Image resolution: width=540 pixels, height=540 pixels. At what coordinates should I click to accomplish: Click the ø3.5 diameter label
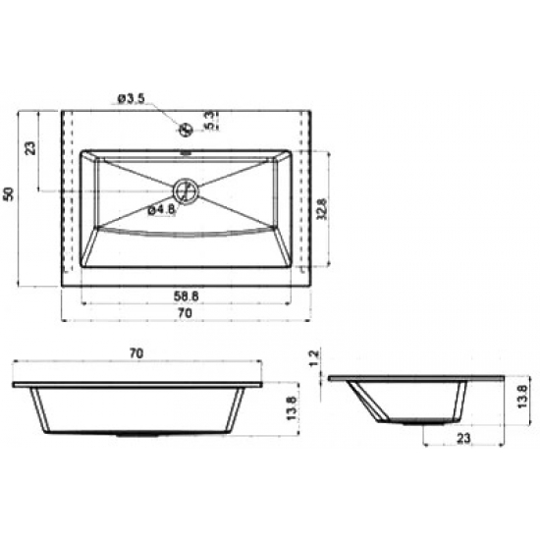coord(131,98)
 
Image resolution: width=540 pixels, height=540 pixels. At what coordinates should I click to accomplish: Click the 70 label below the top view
coord(186,313)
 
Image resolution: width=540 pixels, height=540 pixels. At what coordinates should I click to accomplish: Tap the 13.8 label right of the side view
coord(523,399)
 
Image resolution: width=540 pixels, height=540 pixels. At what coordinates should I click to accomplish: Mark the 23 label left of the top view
coord(30,149)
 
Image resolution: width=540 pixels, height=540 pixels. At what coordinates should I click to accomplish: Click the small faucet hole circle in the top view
coord(185,128)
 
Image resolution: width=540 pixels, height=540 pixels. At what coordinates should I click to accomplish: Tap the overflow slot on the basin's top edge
coord(186,154)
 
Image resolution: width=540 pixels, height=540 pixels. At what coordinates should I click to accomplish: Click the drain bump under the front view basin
coord(137,433)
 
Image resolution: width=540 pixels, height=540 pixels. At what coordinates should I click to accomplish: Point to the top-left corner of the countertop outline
coord(62,110)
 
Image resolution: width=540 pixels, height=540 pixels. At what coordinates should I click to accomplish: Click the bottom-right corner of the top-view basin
coord(292,267)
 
